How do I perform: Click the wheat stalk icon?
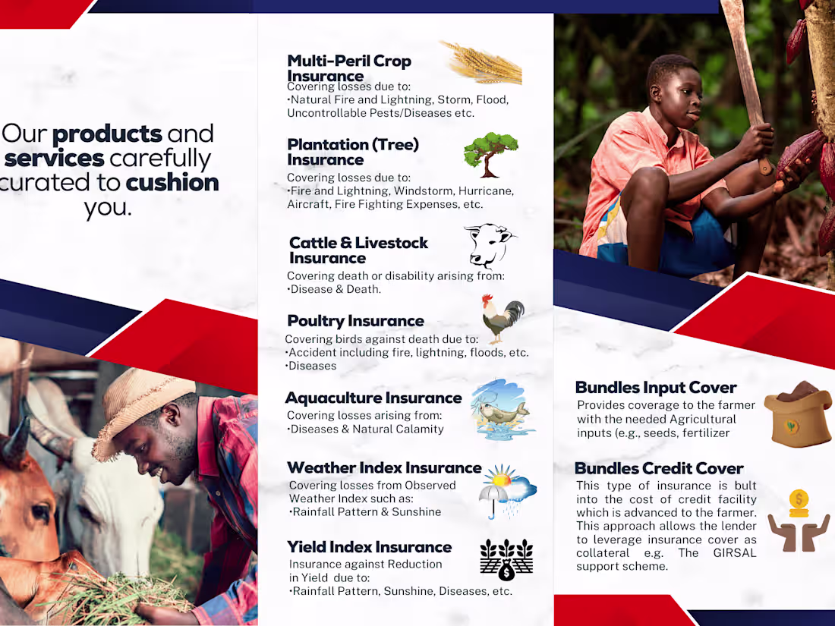click(482, 63)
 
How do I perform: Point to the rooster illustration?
click(503, 318)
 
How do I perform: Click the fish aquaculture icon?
click(499, 411)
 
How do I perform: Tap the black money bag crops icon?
click(506, 560)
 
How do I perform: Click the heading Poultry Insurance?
click(355, 321)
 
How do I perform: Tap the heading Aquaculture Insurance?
click(373, 398)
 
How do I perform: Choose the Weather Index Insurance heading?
click(384, 468)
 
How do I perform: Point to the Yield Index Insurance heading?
click(369, 547)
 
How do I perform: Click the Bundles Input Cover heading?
click(656, 388)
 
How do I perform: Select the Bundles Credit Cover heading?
click(659, 468)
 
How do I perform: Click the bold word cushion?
click(172, 183)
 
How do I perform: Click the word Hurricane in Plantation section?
click(484, 191)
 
